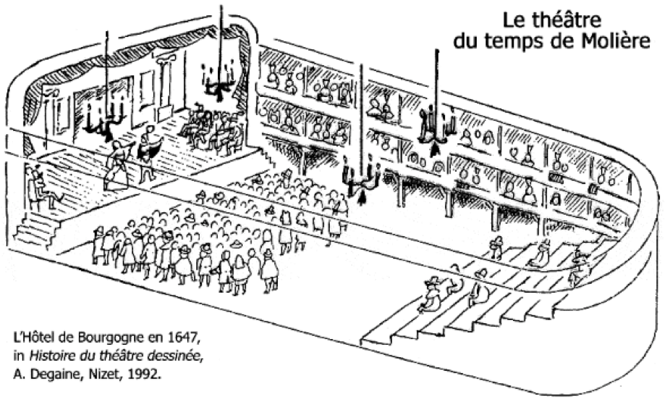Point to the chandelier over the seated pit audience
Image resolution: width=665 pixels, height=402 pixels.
362,181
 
